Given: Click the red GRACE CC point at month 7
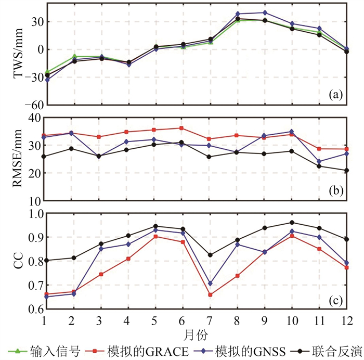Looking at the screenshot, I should pyautogui.click(x=210, y=295).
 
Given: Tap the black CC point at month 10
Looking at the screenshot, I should pyautogui.click(x=292, y=223).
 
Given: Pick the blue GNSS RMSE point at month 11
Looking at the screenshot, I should pyautogui.click(x=319, y=161).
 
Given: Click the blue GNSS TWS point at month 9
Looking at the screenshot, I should pyautogui.click(x=265, y=12).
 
